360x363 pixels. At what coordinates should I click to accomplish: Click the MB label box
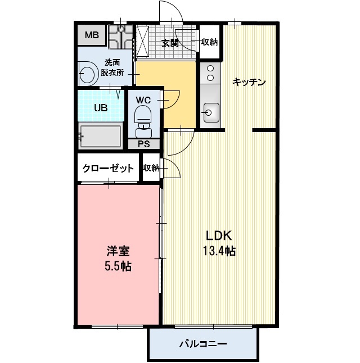(91, 36)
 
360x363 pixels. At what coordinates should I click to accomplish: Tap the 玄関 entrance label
(169, 43)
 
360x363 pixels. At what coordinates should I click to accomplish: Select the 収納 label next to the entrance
(210, 42)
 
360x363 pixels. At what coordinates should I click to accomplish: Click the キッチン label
(249, 82)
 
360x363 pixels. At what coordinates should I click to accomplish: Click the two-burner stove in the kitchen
(210, 75)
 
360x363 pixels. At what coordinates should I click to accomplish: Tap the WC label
(144, 100)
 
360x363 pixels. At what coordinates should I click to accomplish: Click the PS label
(144, 144)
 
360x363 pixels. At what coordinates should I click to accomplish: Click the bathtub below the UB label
(101, 136)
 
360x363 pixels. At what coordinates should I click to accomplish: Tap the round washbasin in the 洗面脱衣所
(87, 74)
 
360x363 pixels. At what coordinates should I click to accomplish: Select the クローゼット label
(108, 168)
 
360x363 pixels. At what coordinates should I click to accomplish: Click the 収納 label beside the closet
(151, 168)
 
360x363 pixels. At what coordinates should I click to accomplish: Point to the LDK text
(219, 235)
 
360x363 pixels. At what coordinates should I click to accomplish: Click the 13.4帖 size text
(219, 251)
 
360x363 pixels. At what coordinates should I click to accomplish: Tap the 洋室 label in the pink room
(118, 251)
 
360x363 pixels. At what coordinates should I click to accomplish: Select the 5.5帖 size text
(118, 266)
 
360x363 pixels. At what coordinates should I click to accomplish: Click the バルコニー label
(202, 343)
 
